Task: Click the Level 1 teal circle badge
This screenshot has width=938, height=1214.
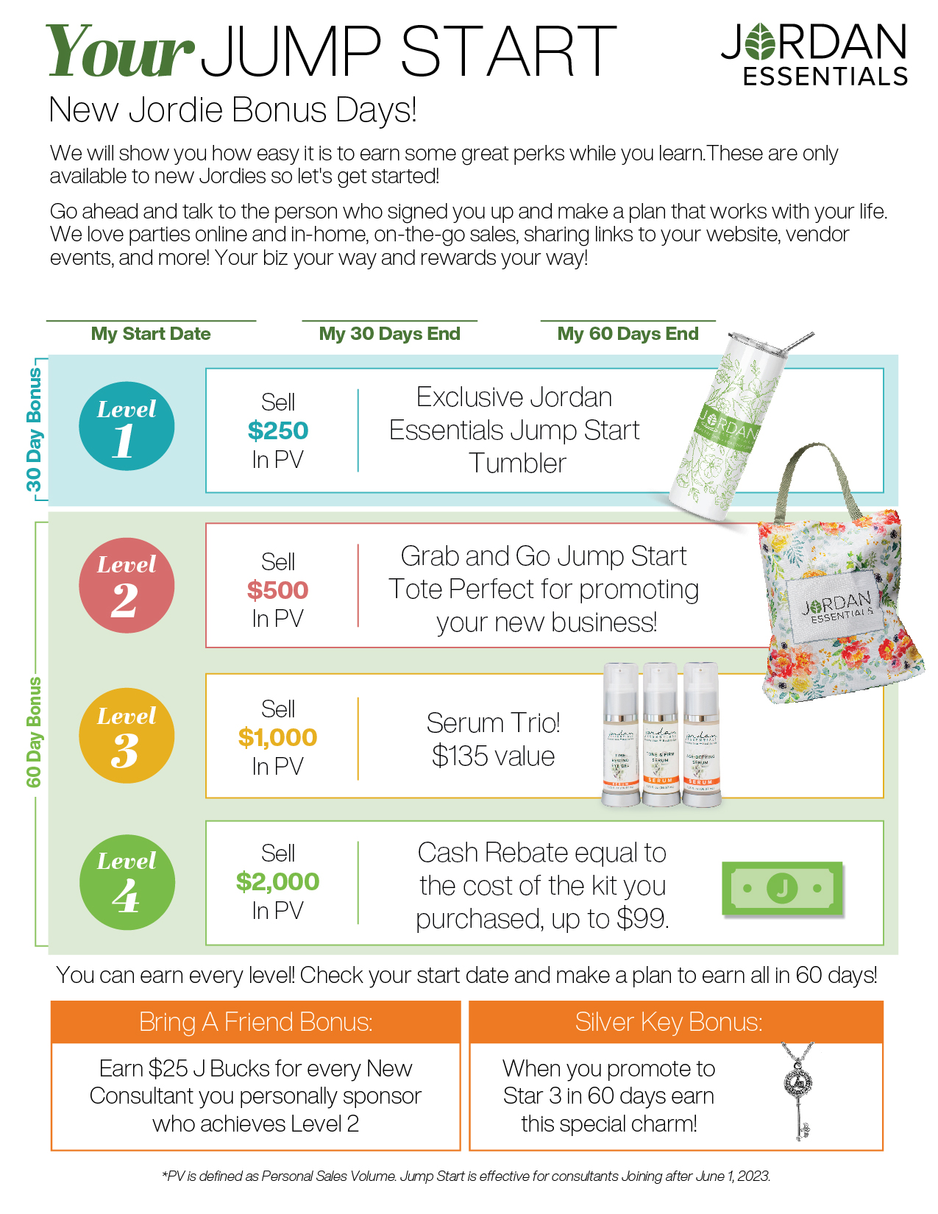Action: click(127, 426)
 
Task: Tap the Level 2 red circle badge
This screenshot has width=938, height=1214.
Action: click(127, 586)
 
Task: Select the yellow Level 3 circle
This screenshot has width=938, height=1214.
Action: click(127, 735)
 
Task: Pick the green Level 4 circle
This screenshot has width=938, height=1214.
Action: click(127, 882)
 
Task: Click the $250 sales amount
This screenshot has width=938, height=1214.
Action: click(277, 430)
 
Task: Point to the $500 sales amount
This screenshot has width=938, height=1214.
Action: click(277, 590)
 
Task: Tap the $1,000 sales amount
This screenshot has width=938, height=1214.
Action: click(277, 737)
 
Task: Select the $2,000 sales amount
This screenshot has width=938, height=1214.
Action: click(277, 881)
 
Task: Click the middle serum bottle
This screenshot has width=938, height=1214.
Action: click(660, 736)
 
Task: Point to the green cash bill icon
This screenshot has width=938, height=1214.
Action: click(782, 888)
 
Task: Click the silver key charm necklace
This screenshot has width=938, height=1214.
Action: click(799, 1089)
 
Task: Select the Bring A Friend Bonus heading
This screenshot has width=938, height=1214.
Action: click(255, 1022)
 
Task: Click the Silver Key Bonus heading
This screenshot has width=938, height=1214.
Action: click(668, 1022)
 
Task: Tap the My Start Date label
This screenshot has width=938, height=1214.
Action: click(151, 334)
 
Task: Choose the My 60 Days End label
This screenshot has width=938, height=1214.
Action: click(628, 334)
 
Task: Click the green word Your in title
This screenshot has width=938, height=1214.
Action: click(120, 52)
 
